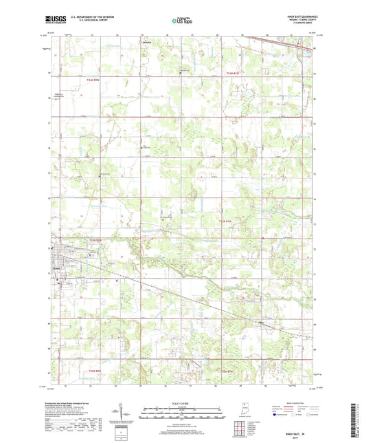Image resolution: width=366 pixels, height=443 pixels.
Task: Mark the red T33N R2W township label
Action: pyautogui.click(x=98, y=239)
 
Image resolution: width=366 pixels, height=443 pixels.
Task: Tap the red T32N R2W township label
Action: pyautogui.click(x=98, y=371)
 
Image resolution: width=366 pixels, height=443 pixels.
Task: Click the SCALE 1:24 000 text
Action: pyautogui.click(x=181, y=403)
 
